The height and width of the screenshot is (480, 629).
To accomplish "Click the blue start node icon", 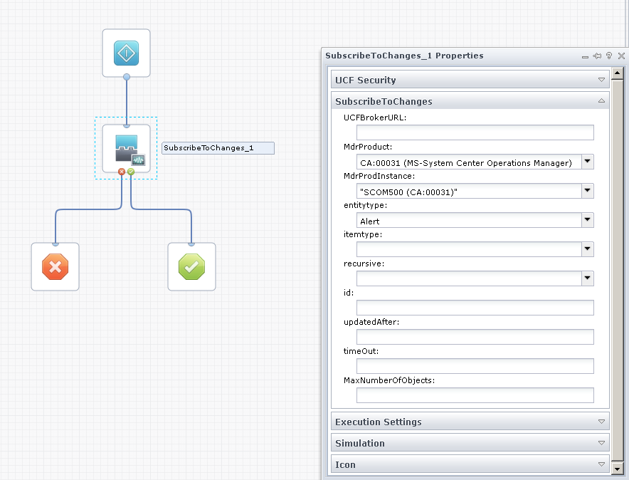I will (x=126, y=53).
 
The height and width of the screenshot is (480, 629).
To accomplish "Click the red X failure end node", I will (x=55, y=267).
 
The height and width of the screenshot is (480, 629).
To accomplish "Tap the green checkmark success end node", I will (x=191, y=267).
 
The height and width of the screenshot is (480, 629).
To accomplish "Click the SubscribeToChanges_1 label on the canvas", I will (x=218, y=148).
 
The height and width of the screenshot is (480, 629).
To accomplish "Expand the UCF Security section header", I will (x=470, y=80).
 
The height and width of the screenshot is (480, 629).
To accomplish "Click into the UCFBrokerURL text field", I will (x=475, y=132).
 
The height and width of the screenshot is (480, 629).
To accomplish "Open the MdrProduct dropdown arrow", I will (x=588, y=162).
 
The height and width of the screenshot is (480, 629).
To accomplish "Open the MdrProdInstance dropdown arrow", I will (x=588, y=191).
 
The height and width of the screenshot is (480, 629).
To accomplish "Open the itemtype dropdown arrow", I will (x=588, y=249).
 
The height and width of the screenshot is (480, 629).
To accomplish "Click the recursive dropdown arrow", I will (x=588, y=278).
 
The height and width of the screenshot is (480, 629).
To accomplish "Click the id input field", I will (x=475, y=308).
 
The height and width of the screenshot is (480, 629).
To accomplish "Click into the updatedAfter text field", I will (x=475, y=337).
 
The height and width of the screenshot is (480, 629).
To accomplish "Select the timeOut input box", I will (x=475, y=366).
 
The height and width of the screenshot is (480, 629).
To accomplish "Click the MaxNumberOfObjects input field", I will (x=475, y=395).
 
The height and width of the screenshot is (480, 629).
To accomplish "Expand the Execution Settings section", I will (x=470, y=422).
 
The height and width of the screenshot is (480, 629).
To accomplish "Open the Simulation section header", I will (x=470, y=443).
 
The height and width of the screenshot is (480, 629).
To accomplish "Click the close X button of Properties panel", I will (x=621, y=56).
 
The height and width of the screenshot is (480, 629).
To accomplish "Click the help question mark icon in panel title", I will (x=609, y=56).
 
